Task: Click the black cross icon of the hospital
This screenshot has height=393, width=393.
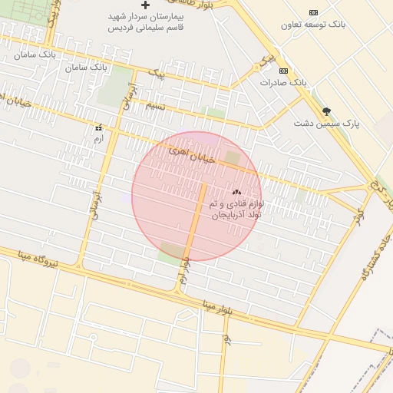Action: pyautogui.click(x=145, y=5)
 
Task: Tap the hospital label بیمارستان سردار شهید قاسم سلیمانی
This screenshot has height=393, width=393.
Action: pyautogui.click(x=145, y=21)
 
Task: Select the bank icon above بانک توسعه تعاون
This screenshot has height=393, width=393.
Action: pyautogui.click(x=313, y=12)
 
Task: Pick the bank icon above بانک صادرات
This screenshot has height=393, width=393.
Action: pyautogui.click(x=283, y=70)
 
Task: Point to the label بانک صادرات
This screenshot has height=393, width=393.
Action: pyautogui.click(x=283, y=81)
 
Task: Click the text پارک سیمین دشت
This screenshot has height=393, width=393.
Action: pyautogui.click(x=327, y=123)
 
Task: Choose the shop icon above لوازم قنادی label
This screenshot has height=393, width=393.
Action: pyautogui.click(x=236, y=192)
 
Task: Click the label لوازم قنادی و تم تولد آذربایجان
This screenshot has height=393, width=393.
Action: pyautogui.click(x=235, y=209)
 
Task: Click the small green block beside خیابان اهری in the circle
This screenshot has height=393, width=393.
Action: pyautogui.click(x=233, y=157)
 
